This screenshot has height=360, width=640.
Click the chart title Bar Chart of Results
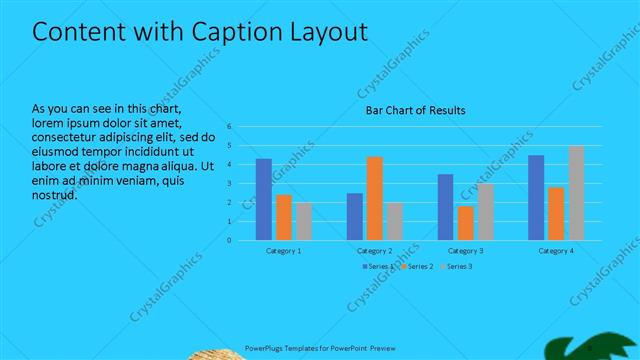click(415, 110)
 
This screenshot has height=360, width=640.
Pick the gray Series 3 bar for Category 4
click(576, 193)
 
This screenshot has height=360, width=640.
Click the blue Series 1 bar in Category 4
click(536, 197)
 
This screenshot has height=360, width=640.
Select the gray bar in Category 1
click(303, 221)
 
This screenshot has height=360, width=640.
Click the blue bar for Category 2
click(355, 216)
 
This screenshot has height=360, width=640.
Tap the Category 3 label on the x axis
click(465, 250)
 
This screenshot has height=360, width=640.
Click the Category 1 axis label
click(283, 250)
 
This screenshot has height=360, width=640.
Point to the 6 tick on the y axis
click(229, 127)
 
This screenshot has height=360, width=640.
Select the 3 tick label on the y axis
click(229, 183)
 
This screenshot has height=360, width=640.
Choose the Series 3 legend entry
click(457, 266)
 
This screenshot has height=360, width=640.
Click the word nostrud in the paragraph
click(54, 194)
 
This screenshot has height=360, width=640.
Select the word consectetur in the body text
click(67, 137)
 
